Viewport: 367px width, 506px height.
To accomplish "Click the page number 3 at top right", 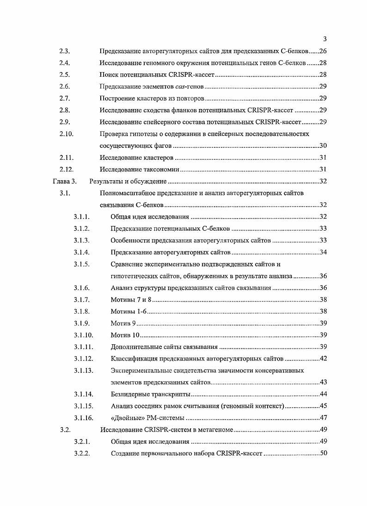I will [x=325, y=39].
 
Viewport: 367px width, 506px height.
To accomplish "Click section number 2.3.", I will [x=65, y=50].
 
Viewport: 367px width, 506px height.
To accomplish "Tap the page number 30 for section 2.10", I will [x=323, y=146].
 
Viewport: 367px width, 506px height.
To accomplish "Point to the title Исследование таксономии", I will [x=140, y=169].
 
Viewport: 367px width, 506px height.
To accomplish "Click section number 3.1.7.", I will [x=81, y=300].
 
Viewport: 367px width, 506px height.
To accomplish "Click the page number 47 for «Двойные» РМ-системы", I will [x=323, y=418].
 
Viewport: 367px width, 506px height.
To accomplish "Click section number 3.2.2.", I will [x=81, y=453].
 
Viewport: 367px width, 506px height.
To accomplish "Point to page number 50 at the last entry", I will [x=323, y=453].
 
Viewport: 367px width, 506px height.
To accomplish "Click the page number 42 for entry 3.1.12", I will [x=323, y=359].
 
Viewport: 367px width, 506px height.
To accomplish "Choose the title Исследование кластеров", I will [x=137, y=158].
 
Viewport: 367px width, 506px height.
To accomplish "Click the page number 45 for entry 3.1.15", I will [x=323, y=406].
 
